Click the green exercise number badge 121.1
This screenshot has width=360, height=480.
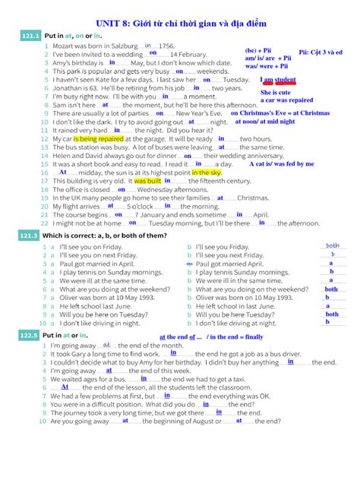pyautogui.click(x=29, y=36)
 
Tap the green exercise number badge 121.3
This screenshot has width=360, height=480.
pyautogui.click(x=29, y=236)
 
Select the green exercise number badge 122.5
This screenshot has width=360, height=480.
pyautogui.click(x=29, y=335)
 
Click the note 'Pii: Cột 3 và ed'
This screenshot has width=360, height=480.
pyautogui.click(x=321, y=52)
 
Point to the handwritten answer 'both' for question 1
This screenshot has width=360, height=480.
pyautogui.click(x=333, y=245)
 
